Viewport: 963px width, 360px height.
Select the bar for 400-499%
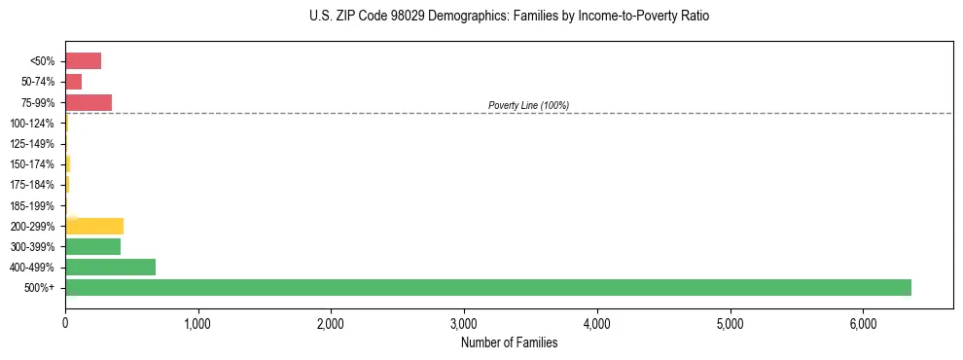(x=110, y=267)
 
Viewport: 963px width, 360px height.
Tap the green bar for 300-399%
(x=92, y=246)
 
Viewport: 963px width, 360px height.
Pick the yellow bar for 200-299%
(x=94, y=226)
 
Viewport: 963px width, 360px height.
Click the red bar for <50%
(x=83, y=61)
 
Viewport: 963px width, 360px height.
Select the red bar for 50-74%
(x=73, y=82)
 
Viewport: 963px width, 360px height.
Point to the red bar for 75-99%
(x=89, y=102)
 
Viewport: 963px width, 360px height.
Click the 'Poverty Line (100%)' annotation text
(x=528, y=105)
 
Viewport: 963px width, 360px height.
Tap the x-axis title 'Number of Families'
(x=509, y=342)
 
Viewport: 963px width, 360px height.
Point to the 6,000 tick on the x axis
(x=863, y=323)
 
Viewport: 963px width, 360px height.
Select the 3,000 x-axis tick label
(x=464, y=323)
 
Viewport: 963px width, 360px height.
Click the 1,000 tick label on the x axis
(x=197, y=323)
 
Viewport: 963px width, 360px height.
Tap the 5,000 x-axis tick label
(x=730, y=323)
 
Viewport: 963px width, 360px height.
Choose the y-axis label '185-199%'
(x=32, y=205)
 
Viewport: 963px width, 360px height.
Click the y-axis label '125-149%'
(x=32, y=144)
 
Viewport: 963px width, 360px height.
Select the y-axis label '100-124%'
(x=32, y=124)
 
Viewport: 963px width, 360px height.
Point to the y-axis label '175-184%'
(x=32, y=185)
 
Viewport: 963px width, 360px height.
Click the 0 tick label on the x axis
(x=65, y=323)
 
